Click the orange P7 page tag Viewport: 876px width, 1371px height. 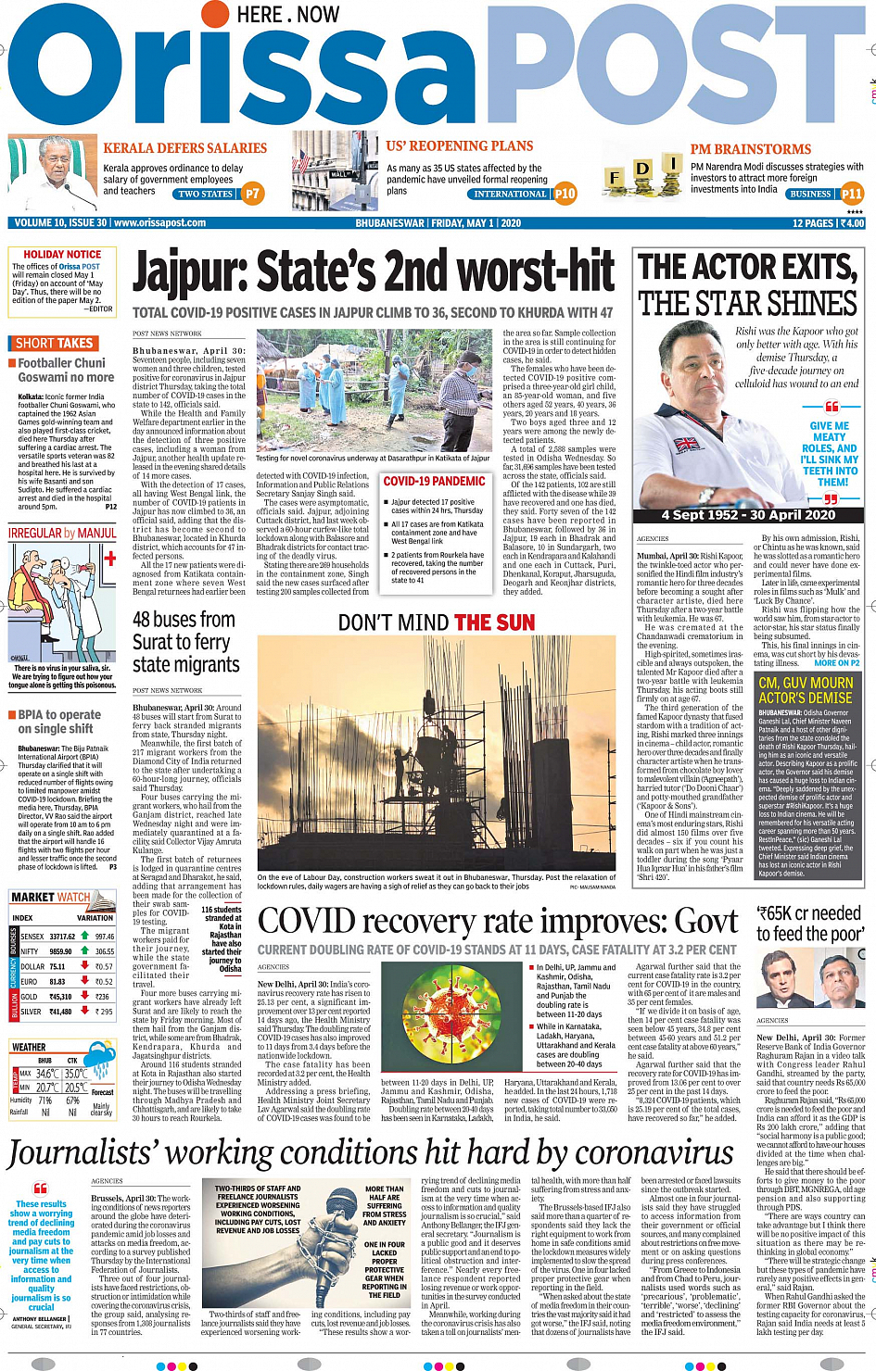click(x=252, y=194)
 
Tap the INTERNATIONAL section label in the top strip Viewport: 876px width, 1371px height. click(x=510, y=195)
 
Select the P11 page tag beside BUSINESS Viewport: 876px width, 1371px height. click(x=851, y=194)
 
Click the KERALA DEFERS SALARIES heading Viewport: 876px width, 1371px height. click(x=184, y=148)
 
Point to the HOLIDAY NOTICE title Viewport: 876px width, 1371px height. click(x=62, y=254)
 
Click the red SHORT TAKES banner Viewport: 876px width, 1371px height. click(x=54, y=343)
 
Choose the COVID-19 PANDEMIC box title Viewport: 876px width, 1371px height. click(x=434, y=482)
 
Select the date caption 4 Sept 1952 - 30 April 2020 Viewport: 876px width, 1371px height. click(x=748, y=515)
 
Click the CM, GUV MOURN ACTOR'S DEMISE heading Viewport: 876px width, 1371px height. click(x=805, y=690)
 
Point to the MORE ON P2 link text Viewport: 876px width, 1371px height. click(x=837, y=663)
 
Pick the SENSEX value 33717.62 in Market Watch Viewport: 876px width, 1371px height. click(x=62, y=937)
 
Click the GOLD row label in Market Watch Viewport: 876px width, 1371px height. click(x=29, y=997)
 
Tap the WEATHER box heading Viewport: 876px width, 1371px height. click(x=29, y=1047)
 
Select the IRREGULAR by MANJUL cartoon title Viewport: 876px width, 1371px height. click(x=62, y=534)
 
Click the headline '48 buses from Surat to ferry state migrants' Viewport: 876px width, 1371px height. click(x=185, y=642)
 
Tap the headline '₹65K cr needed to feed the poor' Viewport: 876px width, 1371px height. click(x=809, y=924)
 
